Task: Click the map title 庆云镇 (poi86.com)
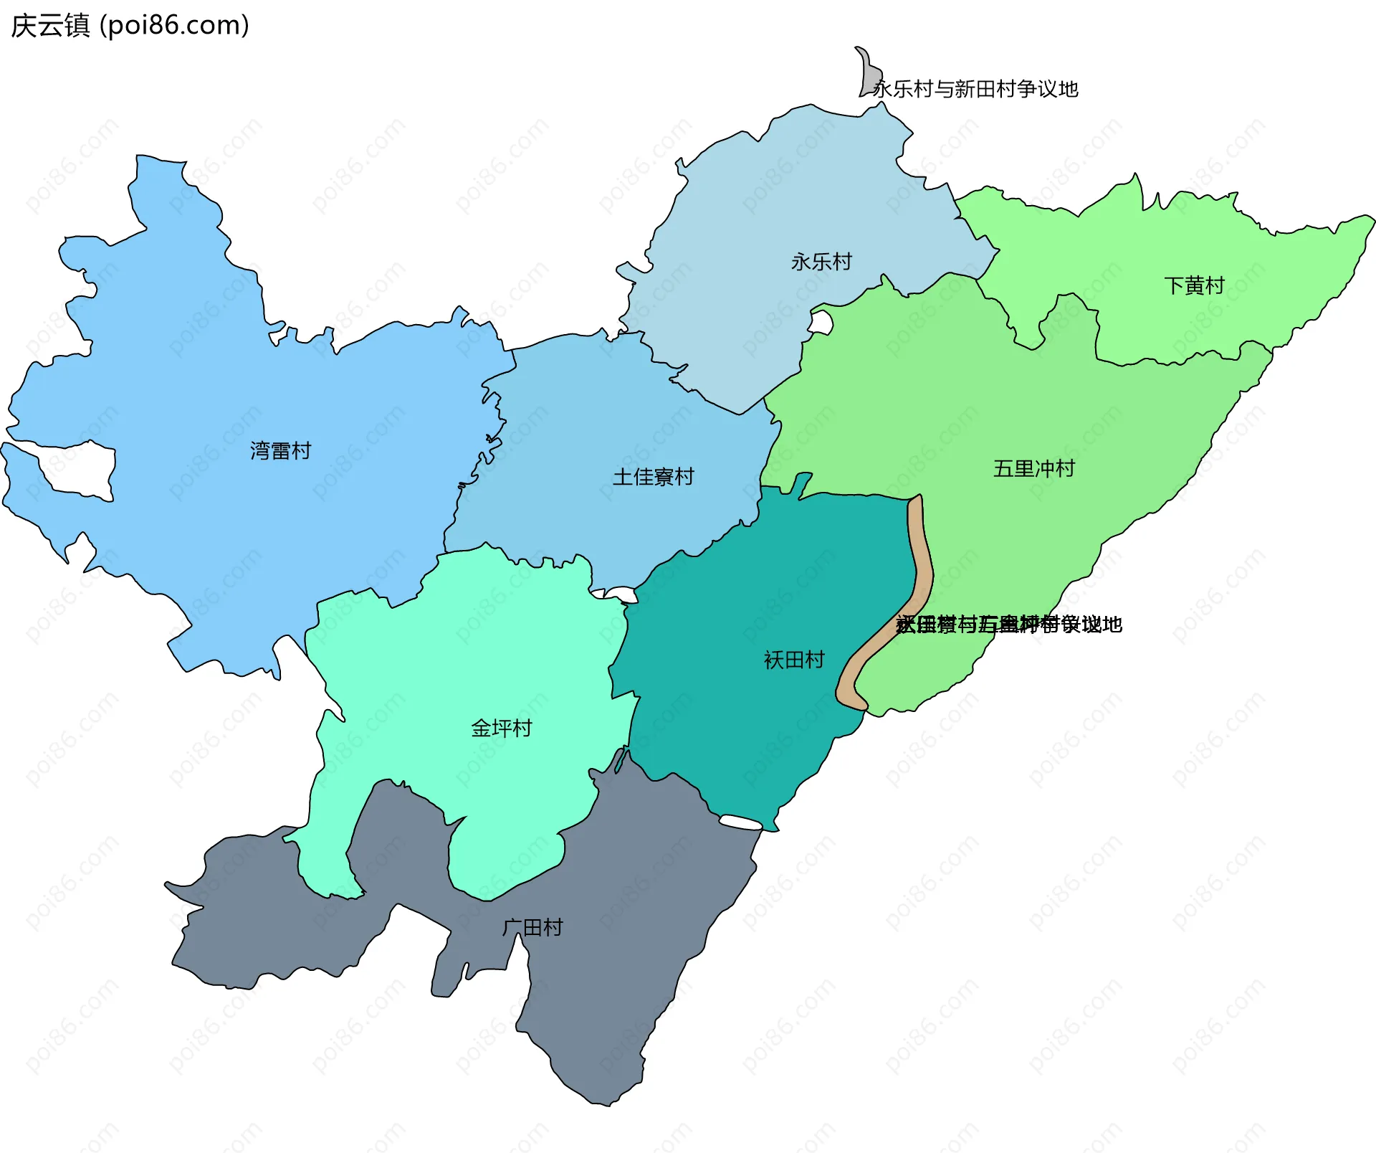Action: tap(130, 25)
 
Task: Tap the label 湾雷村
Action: tap(280, 450)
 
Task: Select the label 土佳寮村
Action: tap(653, 476)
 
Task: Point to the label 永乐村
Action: tap(821, 262)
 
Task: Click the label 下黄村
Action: tap(1194, 285)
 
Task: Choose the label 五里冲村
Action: tap(1033, 468)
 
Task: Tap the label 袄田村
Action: tap(794, 660)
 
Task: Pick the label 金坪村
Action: tap(501, 728)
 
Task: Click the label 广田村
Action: tap(532, 927)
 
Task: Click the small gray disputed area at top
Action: tap(870, 72)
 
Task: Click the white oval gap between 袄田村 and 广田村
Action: tap(740, 822)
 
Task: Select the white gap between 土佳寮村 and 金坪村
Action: tap(621, 594)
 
